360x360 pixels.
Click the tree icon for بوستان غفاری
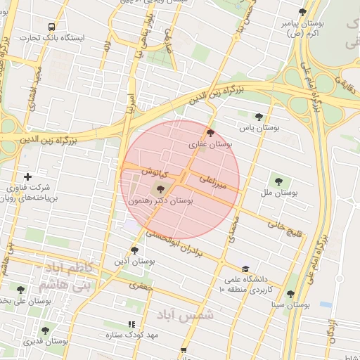(x=210, y=132)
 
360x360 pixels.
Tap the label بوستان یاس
(x=257, y=128)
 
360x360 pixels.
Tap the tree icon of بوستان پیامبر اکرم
(x=302, y=12)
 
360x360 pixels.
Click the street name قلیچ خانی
(x=283, y=226)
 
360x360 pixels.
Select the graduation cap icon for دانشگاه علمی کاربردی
(x=245, y=269)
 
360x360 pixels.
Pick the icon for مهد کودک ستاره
(x=131, y=324)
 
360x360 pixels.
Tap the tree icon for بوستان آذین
(x=134, y=250)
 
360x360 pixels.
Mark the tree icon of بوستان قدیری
(x=45, y=330)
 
